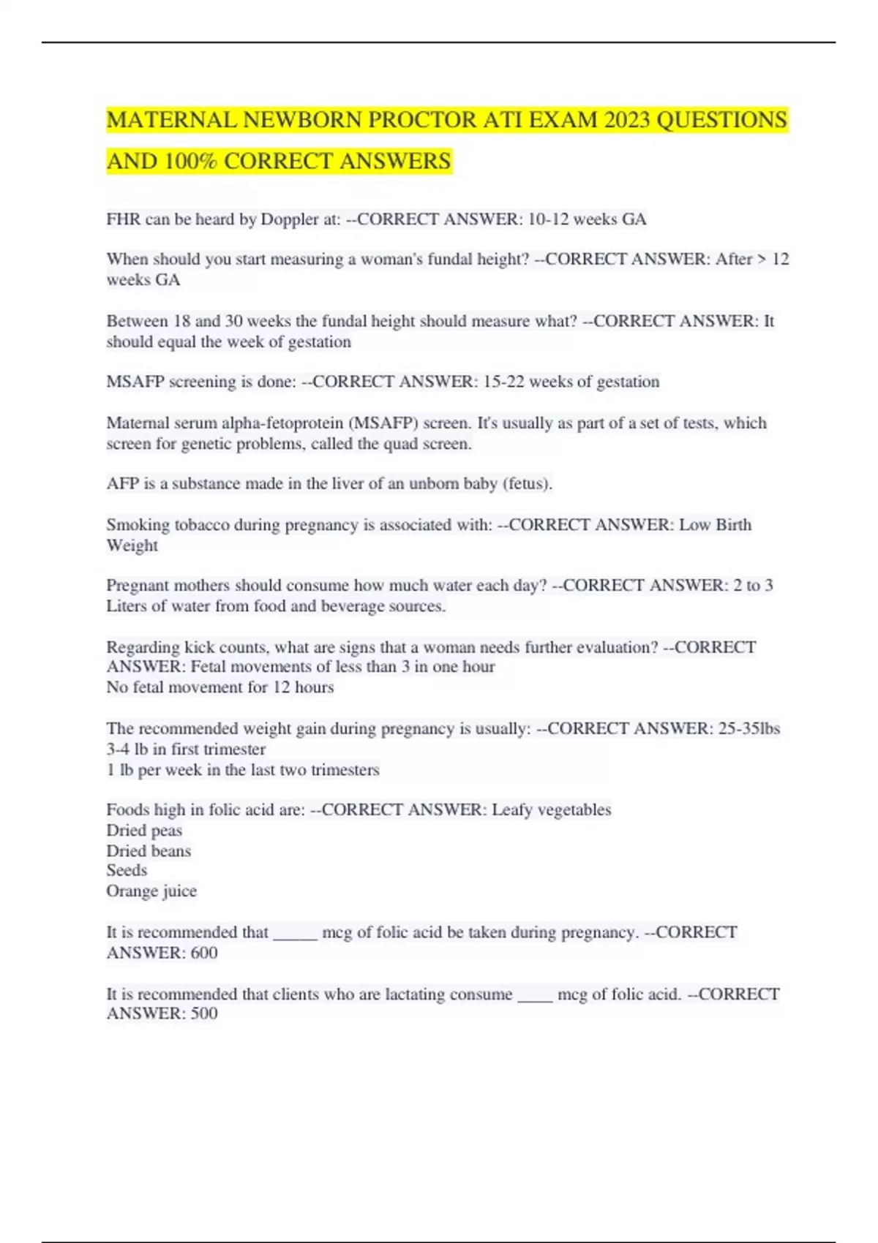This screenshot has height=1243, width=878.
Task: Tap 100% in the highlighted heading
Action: [x=191, y=161]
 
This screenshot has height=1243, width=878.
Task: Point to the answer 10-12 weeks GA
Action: [x=587, y=219]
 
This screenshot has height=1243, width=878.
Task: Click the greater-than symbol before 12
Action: [x=761, y=260]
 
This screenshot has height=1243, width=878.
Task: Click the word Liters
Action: [x=127, y=606]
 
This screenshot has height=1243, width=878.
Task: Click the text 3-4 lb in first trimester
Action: [x=186, y=749]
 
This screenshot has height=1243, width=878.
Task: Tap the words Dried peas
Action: [x=144, y=831]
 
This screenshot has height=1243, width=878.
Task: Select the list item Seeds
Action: [x=127, y=870]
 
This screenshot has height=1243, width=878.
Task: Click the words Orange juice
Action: [x=151, y=891]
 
